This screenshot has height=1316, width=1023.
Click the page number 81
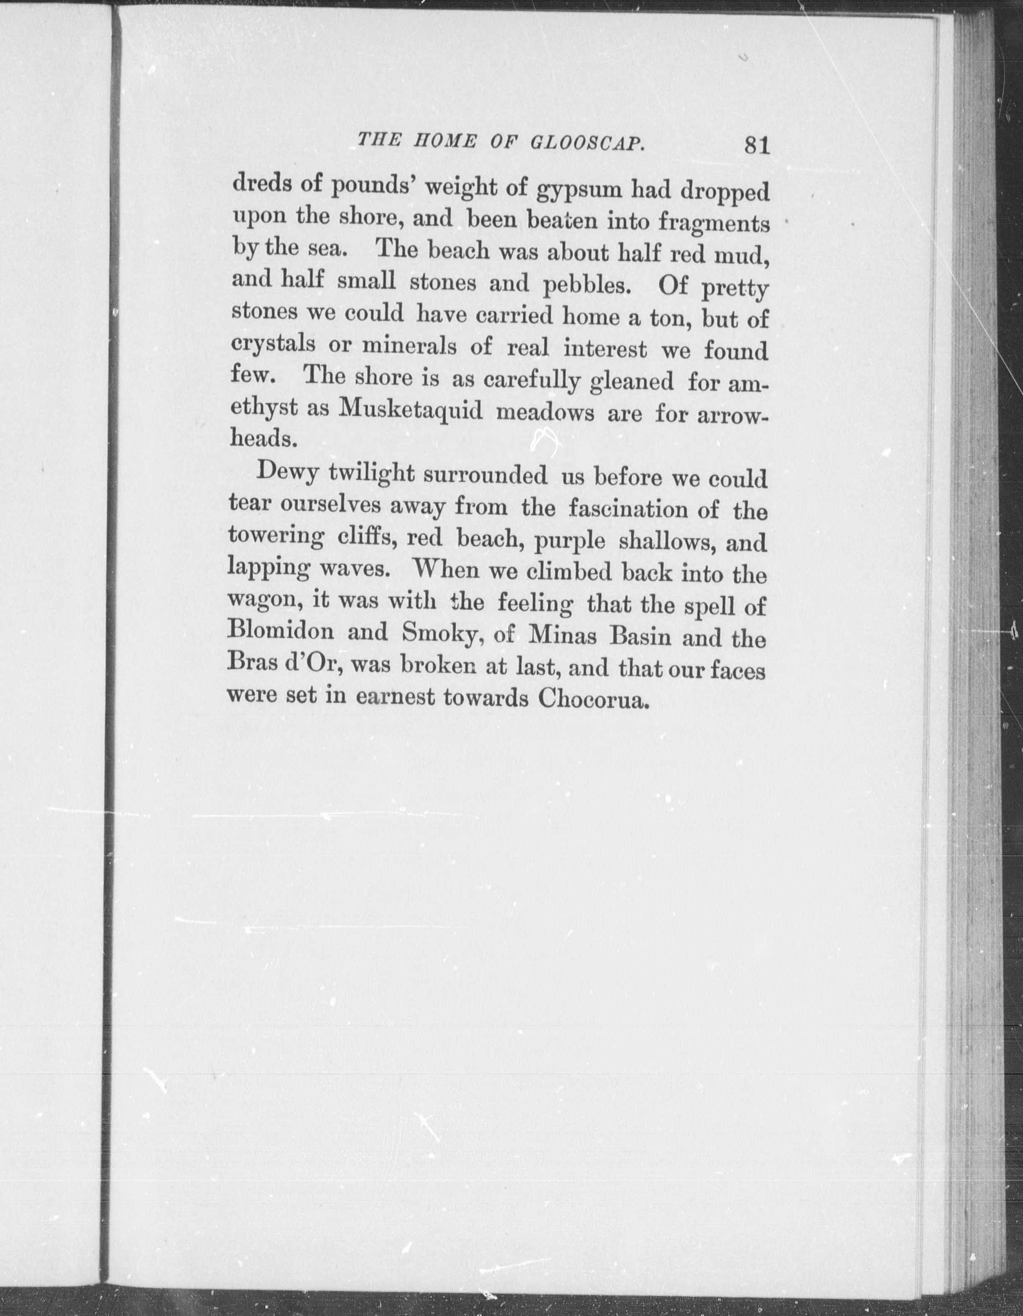tap(757, 146)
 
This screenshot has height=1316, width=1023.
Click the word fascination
tap(628, 509)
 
